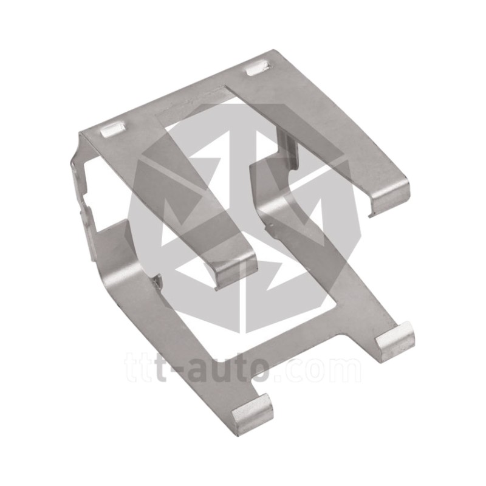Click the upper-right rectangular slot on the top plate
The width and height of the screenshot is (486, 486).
pos(258,68)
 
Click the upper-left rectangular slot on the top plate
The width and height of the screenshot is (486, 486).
pos(113,129)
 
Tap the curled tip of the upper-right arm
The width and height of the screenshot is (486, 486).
pos(390,198)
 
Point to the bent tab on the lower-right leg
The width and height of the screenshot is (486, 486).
pos(395,341)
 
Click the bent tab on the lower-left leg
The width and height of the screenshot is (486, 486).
pos(253,414)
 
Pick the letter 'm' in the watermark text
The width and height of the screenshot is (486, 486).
pos(344,371)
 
